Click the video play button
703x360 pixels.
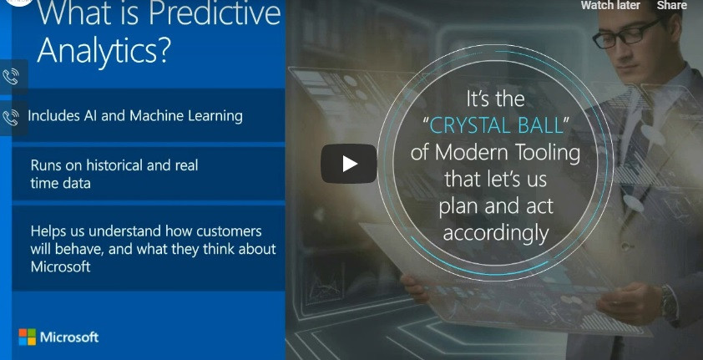pos(349,164)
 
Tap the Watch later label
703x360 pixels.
pos(610,6)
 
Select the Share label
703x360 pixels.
pos(671,6)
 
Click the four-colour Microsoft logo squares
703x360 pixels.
pos(28,337)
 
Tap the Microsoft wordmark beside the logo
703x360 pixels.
pos(70,337)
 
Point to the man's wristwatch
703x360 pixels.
pos(667,301)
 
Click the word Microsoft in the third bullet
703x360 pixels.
pos(60,267)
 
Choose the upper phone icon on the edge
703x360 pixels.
pos(12,77)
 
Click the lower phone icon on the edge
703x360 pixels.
pos(12,117)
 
